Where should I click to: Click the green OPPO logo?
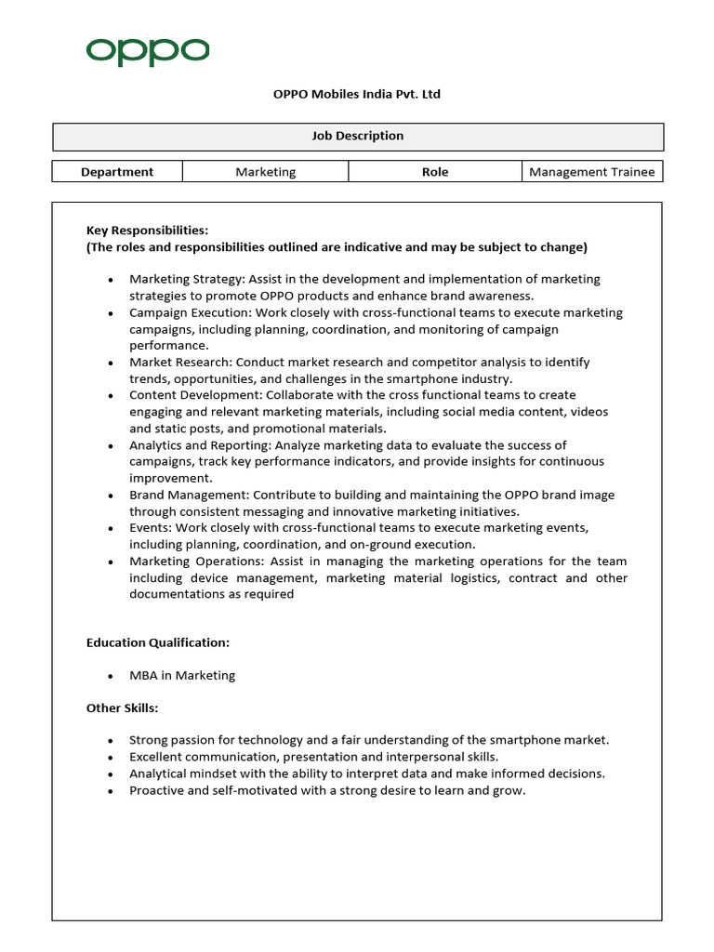[148, 52]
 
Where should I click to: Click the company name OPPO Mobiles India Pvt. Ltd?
[356, 95]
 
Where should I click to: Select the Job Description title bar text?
[357, 136]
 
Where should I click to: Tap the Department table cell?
[117, 171]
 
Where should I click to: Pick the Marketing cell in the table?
[265, 171]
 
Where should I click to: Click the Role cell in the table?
[434, 171]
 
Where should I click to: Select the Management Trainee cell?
[591, 171]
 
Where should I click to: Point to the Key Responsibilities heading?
[147, 230]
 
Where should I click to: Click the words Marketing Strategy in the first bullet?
[180, 279]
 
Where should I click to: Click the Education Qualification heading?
[157, 642]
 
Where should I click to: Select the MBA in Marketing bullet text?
[182, 676]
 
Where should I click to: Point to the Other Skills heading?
[122, 708]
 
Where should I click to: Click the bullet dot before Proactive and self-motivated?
[111, 791]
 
